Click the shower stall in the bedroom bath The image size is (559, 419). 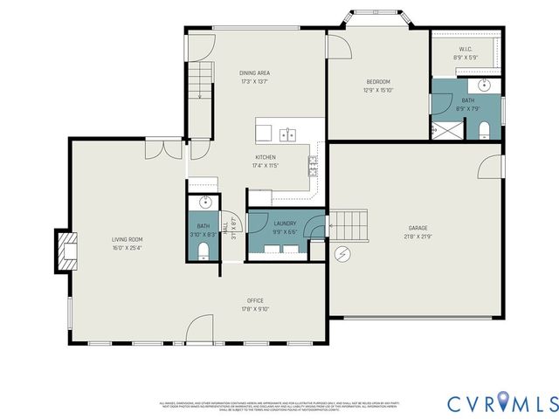(446, 131)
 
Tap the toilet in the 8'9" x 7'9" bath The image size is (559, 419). (485, 130)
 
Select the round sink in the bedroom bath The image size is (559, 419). (486, 86)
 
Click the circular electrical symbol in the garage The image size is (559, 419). (342, 253)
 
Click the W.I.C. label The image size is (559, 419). (466, 49)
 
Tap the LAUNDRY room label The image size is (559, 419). (285, 223)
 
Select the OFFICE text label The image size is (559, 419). (255, 299)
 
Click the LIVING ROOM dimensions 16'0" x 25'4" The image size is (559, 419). (127, 248)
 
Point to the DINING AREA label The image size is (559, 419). (255, 72)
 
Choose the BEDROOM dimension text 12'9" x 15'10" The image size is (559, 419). (379, 90)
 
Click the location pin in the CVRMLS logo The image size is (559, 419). (507, 403)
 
